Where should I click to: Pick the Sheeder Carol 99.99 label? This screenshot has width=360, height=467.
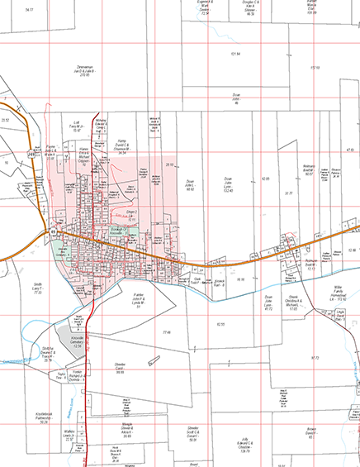click(x=121, y=368)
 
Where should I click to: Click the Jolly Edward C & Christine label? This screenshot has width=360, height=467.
click(x=245, y=447)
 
